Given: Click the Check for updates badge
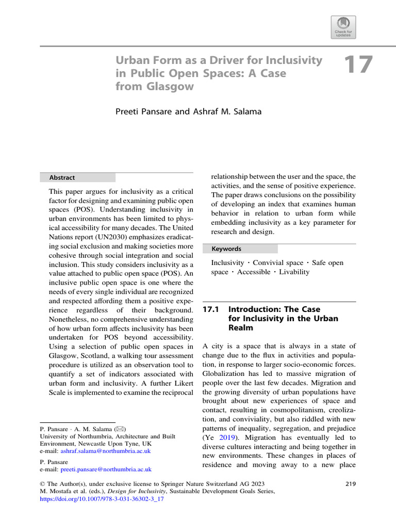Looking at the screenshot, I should (x=343, y=27).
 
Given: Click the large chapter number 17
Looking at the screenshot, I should (x=357, y=66).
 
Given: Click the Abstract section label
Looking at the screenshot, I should (x=62, y=177).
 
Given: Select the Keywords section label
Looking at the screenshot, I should (x=226, y=249).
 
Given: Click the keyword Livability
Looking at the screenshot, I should (x=294, y=272).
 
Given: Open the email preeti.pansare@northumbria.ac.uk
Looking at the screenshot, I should (x=106, y=470).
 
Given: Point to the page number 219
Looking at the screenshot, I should (x=350, y=484).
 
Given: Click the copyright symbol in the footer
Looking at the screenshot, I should (x=43, y=484).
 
